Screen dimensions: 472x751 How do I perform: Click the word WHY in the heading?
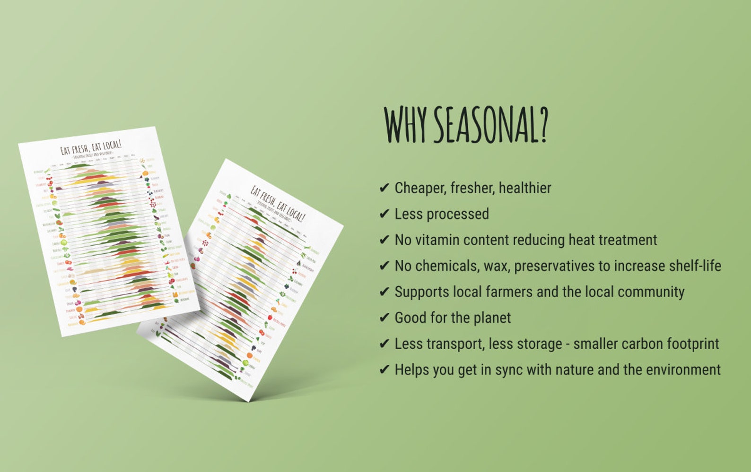406,124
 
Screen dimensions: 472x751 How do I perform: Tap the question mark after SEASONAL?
542,124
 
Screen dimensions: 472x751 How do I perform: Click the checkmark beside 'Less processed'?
384,214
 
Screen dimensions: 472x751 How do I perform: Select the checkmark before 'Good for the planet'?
384,318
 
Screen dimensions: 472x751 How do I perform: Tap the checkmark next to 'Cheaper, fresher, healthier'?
384,188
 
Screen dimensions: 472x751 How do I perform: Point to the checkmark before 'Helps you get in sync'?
384,370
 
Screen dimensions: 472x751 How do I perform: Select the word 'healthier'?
525,188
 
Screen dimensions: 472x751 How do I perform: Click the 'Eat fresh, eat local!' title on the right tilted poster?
278,203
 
